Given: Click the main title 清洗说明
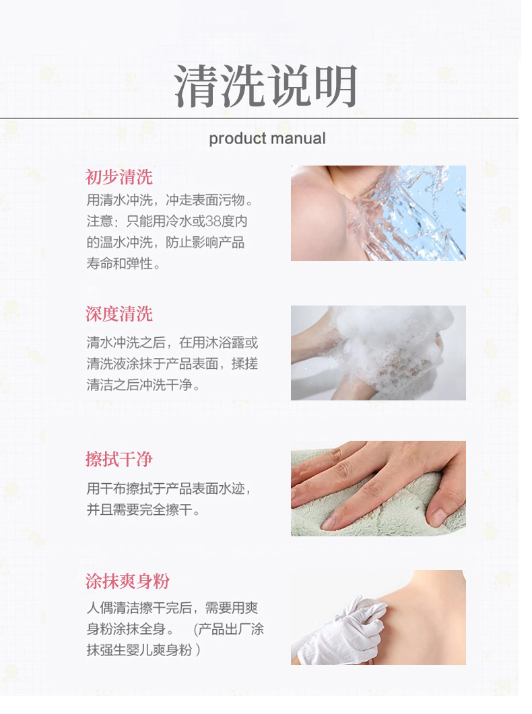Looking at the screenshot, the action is pos(266,85).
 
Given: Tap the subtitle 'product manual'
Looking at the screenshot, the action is pos(267,139).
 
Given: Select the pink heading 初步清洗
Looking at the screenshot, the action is pos(119,177).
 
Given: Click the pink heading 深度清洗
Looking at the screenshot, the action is pos(119,314).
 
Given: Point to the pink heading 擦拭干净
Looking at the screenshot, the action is pos(119,459).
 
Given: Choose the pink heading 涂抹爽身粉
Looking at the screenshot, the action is pos(127,581).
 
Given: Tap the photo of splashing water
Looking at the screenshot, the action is pos(378,213).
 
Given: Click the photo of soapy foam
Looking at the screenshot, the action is pos(378,353).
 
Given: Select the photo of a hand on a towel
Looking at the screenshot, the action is pos(378,488).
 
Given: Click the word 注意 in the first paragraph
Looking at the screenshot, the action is pos(100,221).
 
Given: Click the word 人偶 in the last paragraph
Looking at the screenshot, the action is pos(100,608).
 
